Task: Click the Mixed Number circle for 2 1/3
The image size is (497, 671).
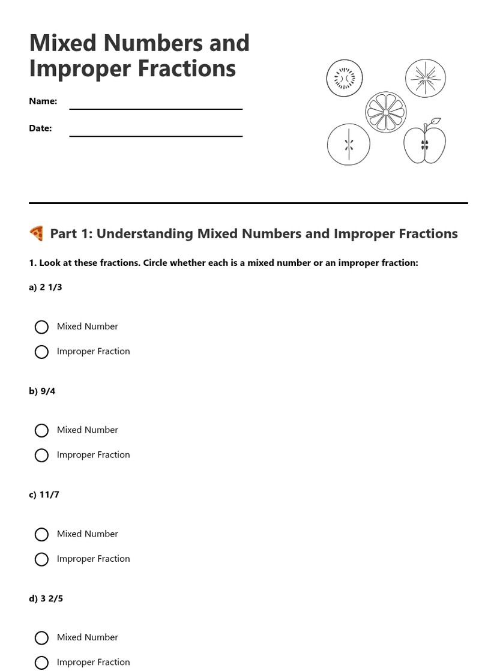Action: coord(41,327)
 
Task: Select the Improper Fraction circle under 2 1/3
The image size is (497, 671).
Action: coord(41,352)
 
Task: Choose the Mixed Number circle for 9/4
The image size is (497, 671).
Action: coord(41,431)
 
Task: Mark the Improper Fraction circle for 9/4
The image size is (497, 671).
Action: coord(41,456)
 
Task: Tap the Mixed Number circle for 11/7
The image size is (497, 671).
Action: coord(41,535)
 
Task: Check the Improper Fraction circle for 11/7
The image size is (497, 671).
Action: coord(41,559)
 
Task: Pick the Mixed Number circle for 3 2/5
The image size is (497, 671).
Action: coord(41,638)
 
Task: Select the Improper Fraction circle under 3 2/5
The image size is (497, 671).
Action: coord(41,663)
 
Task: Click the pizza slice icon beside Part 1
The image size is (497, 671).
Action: coord(36,233)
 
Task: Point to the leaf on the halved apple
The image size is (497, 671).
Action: coord(435,122)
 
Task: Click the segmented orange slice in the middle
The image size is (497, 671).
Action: coord(385,112)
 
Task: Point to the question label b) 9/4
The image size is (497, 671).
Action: coord(42,391)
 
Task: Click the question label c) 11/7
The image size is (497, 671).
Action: coord(44,495)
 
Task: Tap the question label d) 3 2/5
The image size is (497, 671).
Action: coord(46,598)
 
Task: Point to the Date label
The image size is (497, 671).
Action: coord(40,128)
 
